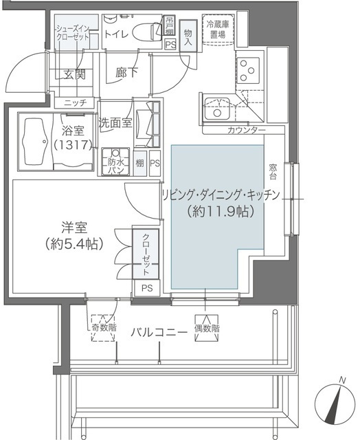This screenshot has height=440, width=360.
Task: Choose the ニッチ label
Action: click(x=74, y=102)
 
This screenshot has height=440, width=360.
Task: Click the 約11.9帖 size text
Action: click(x=221, y=212)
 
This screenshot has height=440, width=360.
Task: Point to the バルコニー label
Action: click(x=160, y=332)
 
